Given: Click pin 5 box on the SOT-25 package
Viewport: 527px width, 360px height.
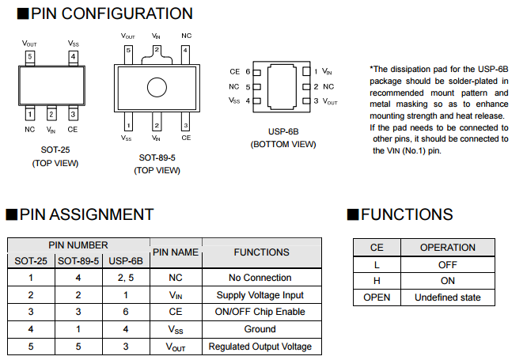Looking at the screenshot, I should pyautogui.click(x=29, y=57).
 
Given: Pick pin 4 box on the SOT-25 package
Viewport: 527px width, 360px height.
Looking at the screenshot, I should pyautogui.click(x=73, y=57).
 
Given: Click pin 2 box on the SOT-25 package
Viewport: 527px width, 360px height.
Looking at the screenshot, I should pyautogui.click(x=51, y=113).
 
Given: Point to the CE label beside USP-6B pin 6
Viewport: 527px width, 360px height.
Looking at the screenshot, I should pyautogui.click(x=234, y=72).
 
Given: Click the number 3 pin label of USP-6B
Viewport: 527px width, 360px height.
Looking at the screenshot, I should pyautogui.click(x=316, y=101).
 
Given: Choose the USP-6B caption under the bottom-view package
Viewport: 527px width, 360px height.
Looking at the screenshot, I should pyautogui.click(x=283, y=132).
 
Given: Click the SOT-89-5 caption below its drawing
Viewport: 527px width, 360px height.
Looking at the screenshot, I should pyautogui.click(x=157, y=157).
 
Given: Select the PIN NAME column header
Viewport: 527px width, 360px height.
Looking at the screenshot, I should pyautogui.click(x=176, y=252).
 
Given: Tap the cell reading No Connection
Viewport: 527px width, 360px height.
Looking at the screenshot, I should pyautogui.click(x=260, y=278).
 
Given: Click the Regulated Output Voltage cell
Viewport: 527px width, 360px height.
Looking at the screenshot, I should pyautogui.click(x=260, y=347).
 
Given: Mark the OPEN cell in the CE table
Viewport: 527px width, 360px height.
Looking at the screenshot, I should pyautogui.click(x=377, y=298).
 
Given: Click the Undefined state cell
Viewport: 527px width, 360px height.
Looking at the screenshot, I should pyautogui.click(x=447, y=298).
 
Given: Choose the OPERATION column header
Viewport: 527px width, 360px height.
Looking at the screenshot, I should pyautogui.click(x=447, y=247).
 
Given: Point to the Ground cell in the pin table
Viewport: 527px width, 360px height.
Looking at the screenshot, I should pyautogui.click(x=260, y=329).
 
